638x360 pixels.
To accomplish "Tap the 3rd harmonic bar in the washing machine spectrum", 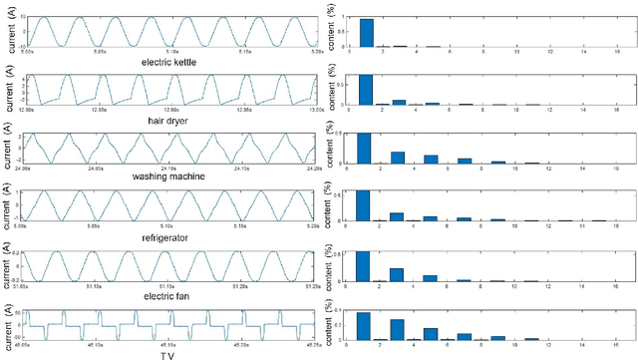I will coord(397,157).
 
